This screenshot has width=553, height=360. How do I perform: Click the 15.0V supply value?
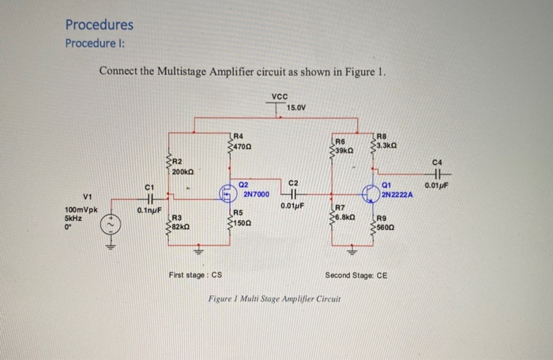click(296, 107)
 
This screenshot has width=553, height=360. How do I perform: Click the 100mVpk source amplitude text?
click(81, 211)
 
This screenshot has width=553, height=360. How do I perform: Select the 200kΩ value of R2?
click(184, 171)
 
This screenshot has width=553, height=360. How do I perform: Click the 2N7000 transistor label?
click(257, 193)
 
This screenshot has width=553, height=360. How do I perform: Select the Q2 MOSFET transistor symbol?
click(227, 191)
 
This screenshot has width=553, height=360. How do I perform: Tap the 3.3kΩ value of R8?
click(388, 144)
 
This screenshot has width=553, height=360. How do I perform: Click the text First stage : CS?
click(195, 275)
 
